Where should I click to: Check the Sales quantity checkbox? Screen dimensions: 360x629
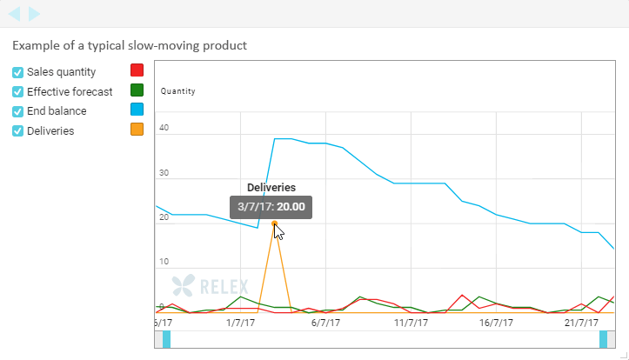[x=17, y=72]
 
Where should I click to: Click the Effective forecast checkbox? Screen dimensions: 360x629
[x=17, y=91]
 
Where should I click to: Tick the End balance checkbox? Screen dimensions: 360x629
[x=17, y=111]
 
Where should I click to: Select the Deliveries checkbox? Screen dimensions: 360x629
[x=17, y=131]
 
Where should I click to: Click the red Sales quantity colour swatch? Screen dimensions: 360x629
[x=137, y=70]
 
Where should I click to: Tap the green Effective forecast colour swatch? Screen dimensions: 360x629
[x=137, y=90]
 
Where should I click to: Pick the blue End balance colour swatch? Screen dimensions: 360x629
[x=137, y=110]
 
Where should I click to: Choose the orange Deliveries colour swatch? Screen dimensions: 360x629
[x=137, y=130]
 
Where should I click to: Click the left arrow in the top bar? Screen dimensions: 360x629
[x=15, y=14]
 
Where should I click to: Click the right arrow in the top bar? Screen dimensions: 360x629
[x=34, y=14]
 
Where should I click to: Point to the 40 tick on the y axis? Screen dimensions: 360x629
[x=164, y=128]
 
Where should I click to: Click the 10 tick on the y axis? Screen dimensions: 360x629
[x=164, y=262]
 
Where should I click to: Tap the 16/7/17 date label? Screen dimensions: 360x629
[x=495, y=323]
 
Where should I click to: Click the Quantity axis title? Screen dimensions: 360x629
[x=177, y=91]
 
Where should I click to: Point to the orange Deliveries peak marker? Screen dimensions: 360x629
[x=274, y=223]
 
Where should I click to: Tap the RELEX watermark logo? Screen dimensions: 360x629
[x=210, y=285]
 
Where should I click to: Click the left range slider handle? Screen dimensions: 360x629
[x=166, y=339]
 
